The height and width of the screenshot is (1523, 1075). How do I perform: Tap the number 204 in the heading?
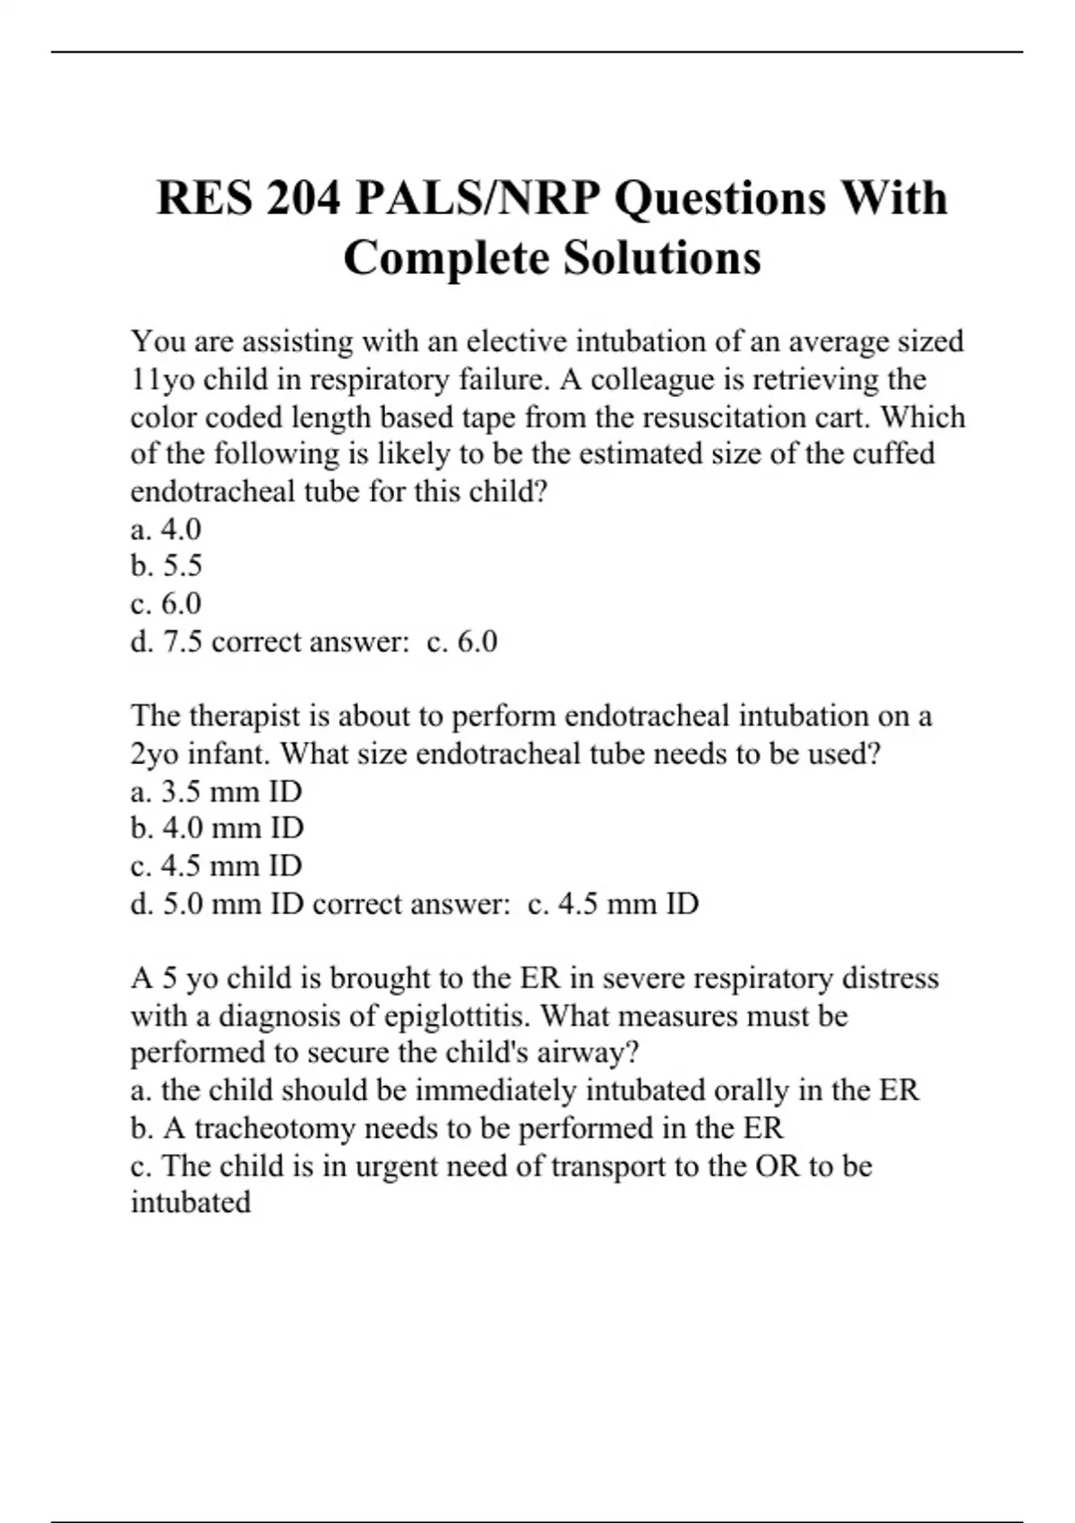[x=304, y=199]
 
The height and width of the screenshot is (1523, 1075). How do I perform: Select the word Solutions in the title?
[x=662, y=258]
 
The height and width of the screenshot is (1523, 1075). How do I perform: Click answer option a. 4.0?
[x=166, y=529]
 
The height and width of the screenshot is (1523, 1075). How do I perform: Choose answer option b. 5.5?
[x=167, y=566]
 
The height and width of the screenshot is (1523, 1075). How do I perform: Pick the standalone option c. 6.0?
[x=166, y=604]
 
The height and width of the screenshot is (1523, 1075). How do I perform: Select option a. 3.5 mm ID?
[x=216, y=792]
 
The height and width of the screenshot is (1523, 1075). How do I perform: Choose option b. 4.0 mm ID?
[x=217, y=829]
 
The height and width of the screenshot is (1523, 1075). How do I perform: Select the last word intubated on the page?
[x=190, y=1202]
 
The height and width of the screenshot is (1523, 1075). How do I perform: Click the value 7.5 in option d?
[x=182, y=642]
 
